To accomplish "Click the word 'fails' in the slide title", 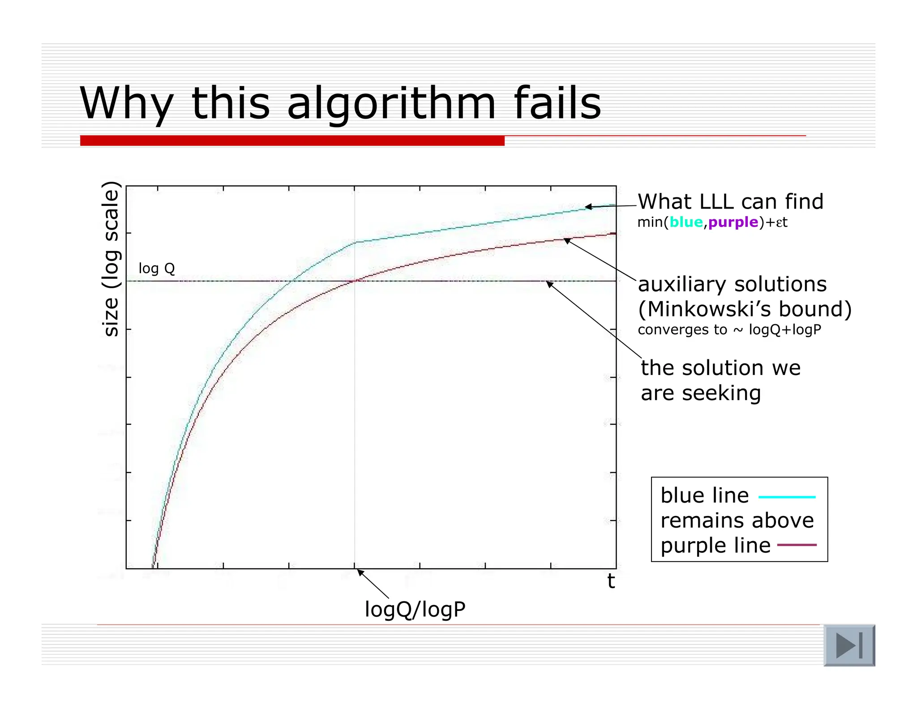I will point(557,103).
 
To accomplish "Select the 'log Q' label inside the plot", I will point(157,269).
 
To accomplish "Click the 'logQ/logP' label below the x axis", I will point(415,610).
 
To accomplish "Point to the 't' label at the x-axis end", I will point(611,581).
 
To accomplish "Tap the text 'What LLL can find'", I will point(730,202).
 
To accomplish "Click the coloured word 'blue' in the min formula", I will point(686,222).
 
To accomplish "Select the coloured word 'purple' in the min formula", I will point(733,222).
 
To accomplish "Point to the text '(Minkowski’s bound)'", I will point(745,309).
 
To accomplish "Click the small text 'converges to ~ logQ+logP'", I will point(729,330).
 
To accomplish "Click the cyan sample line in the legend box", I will point(787,497).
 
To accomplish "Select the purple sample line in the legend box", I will point(797,545).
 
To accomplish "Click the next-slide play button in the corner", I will point(849,645).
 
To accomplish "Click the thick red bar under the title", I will point(292,141).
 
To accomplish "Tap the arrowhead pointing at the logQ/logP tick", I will point(360,572).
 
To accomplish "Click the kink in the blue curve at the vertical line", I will point(355,242).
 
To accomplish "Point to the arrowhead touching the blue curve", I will point(588,207).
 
